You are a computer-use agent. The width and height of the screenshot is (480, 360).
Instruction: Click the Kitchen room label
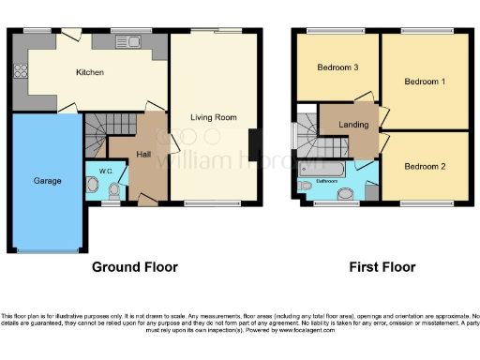click(90, 72)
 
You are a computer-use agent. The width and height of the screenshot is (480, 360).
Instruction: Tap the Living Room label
click(214, 118)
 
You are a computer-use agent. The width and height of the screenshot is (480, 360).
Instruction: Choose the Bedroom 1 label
click(424, 82)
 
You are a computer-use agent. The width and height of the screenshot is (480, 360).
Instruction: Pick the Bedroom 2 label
click(425, 167)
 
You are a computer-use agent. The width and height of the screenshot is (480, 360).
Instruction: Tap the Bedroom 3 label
click(337, 67)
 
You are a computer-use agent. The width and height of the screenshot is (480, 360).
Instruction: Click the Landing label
click(353, 124)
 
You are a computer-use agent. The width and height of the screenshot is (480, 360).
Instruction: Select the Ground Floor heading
click(134, 267)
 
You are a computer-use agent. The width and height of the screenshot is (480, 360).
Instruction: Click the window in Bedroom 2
click(424, 202)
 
